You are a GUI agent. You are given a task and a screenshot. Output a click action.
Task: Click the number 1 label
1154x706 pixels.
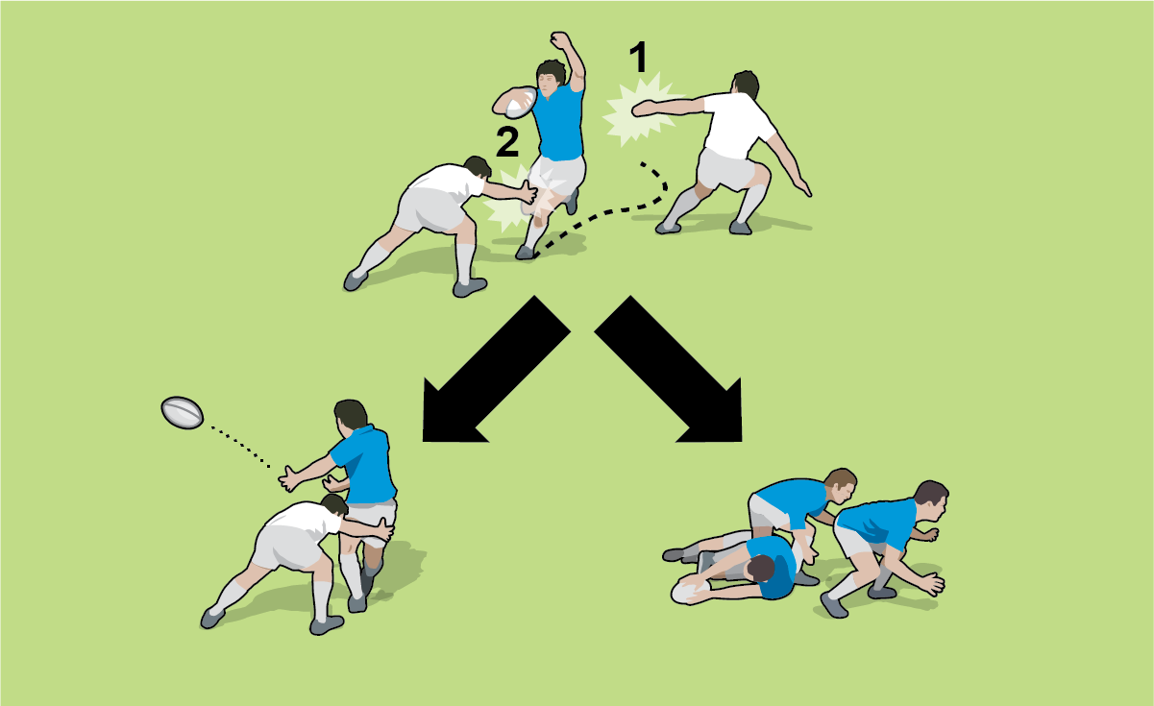639,58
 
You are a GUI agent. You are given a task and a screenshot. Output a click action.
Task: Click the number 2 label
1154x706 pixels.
507,141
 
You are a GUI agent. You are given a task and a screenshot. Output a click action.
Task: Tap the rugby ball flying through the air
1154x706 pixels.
182,412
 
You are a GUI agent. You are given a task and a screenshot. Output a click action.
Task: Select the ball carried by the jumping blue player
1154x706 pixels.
520,103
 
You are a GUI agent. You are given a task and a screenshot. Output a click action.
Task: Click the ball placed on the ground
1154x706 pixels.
689,590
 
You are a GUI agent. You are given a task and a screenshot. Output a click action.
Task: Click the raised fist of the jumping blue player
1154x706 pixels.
560,40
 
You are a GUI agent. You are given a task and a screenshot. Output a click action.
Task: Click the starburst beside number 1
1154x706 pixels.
639,110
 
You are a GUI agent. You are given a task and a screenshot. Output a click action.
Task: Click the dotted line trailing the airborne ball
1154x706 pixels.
239,447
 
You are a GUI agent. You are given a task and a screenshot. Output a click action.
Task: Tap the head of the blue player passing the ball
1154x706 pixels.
351,415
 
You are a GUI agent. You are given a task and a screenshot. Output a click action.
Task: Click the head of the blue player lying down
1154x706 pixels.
760,570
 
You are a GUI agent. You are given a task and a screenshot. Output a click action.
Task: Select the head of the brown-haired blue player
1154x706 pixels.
841,486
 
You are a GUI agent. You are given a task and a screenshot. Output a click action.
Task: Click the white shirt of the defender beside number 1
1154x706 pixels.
737,125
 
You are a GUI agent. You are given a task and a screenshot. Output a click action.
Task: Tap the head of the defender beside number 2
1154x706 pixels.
478,167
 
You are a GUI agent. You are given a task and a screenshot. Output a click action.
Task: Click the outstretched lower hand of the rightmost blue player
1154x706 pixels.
933,583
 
